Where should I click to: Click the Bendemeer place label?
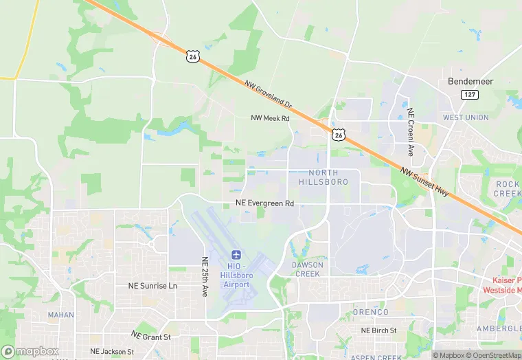(x=470, y=81)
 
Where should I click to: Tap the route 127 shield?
(x=470, y=95)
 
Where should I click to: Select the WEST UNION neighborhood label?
(x=466, y=117)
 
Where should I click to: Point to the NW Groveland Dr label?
(x=269, y=95)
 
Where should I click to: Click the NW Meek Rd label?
(x=271, y=118)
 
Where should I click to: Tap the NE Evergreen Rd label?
(x=264, y=203)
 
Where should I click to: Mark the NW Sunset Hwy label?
(x=424, y=183)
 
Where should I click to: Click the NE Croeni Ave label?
(x=411, y=131)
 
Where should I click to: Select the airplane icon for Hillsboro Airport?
(x=237, y=255)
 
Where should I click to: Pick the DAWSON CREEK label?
(x=306, y=269)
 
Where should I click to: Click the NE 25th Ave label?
(x=204, y=277)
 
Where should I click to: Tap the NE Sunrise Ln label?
(x=152, y=285)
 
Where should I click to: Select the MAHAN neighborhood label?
(x=61, y=315)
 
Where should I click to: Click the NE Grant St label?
(x=151, y=337)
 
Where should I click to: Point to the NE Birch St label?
(x=379, y=330)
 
